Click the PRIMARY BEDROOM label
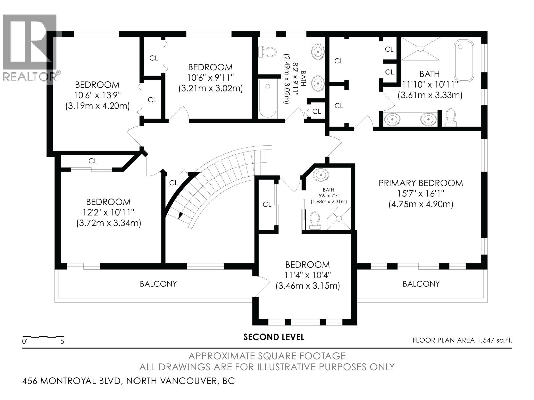pyautogui.click(x=421, y=183)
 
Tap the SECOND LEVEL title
pyautogui.click(x=274, y=337)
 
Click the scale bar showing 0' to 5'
pyautogui.click(x=43, y=338)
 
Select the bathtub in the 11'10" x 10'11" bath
pyautogui.click(x=464, y=61)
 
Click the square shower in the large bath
pyautogui.click(x=421, y=49)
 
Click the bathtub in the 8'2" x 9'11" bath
pyautogui.click(x=268, y=98)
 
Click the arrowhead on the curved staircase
pyautogui.click(x=181, y=215)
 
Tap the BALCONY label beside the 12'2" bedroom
pyautogui.click(x=158, y=284)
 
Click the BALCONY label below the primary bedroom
pyautogui.click(x=421, y=284)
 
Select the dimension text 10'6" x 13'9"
pyautogui.click(x=97, y=95)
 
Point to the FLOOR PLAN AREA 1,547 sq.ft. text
pyautogui.click(x=462, y=340)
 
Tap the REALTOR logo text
pyautogui.click(x=30, y=77)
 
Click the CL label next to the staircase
pyautogui.click(x=173, y=183)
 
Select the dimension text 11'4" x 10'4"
pyautogui.click(x=307, y=275)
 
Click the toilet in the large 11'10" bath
pyautogui.click(x=451, y=117)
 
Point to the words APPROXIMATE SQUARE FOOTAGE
pyautogui.click(x=267, y=356)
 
